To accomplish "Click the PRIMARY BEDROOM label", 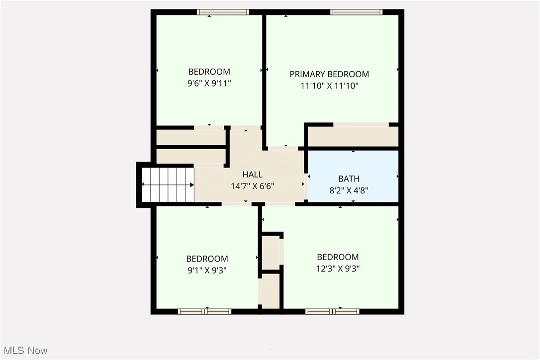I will pyautogui.click(x=329, y=74).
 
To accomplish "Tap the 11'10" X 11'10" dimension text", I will pyautogui.click(x=329, y=86).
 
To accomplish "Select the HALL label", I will pyautogui.click(x=252, y=175).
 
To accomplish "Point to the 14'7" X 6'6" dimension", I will pyautogui.click(x=252, y=186).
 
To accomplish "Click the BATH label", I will pyautogui.click(x=349, y=179).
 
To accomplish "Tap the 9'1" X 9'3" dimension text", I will pyautogui.click(x=207, y=270).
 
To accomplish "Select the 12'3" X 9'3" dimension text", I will pyautogui.click(x=338, y=269).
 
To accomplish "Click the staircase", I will pyautogui.click(x=168, y=185).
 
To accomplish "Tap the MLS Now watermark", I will pyautogui.click(x=24, y=351).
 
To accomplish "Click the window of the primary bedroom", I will pyautogui.click(x=356, y=12).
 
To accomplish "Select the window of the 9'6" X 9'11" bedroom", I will pyautogui.click(x=222, y=12).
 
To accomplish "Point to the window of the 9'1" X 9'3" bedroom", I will pyautogui.click(x=204, y=311).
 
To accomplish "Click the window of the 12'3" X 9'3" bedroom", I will pyautogui.click(x=332, y=311).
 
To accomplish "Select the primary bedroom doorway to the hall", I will pyautogui.click(x=283, y=148).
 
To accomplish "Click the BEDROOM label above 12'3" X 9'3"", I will pyautogui.click(x=338, y=257).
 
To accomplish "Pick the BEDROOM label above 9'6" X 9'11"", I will pyautogui.click(x=209, y=72).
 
